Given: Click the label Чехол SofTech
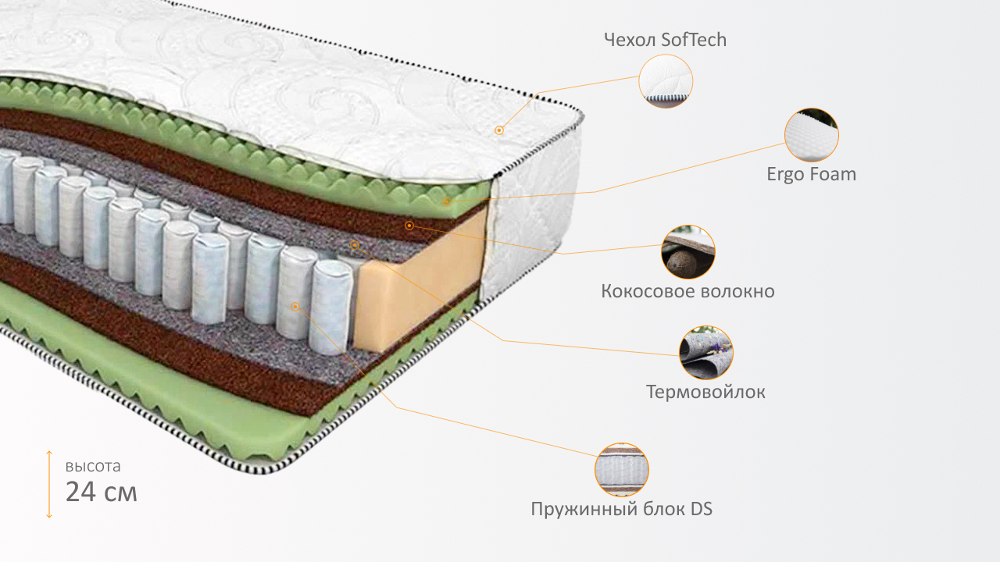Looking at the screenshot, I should (665, 40).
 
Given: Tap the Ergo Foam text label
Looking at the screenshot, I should (811, 174).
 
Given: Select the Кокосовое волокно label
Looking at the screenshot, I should (687, 291).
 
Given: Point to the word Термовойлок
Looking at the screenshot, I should (705, 391).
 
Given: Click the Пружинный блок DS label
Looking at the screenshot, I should (621, 509).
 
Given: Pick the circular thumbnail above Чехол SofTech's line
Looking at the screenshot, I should (666, 81).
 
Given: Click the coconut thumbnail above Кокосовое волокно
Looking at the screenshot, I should (688, 252).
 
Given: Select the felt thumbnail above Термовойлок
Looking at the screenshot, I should (706, 353).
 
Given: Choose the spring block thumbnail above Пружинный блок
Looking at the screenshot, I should (622, 470).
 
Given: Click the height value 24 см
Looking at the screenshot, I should (102, 492).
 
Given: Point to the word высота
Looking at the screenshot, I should (93, 467).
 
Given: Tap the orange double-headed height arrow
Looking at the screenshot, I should (48, 484).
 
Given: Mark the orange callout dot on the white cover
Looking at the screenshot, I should (499, 130).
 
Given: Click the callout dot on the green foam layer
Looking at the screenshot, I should (447, 202).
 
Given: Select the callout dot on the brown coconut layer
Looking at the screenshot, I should (409, 226).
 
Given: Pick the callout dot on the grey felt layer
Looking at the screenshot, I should (355, 245).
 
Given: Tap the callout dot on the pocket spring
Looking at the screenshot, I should (295, 307).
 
